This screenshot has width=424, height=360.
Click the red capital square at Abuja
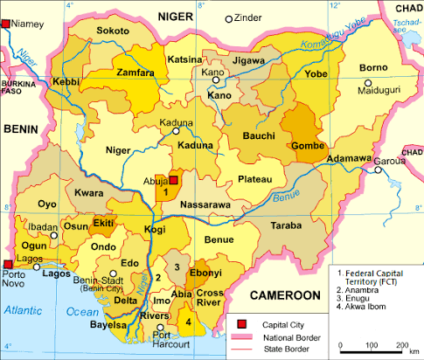(x=173, y=180)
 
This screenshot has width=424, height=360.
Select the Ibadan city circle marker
(x=53, y=235)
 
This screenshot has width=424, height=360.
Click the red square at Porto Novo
(x=8, y=264)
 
